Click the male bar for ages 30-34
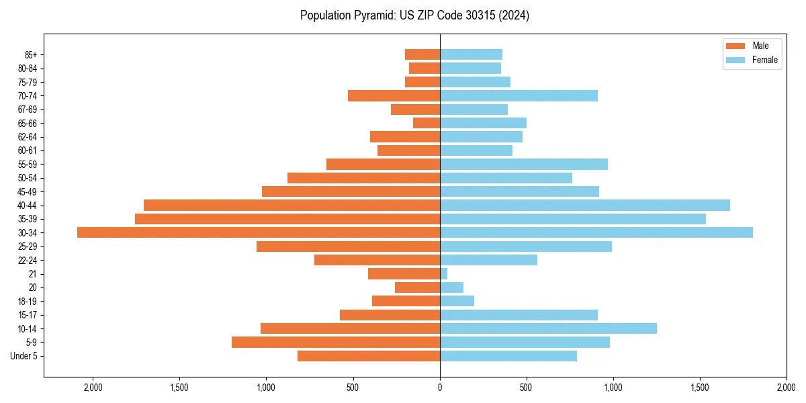coord(259,232)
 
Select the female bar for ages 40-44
coord(584,205)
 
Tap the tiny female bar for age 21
coord(444,273)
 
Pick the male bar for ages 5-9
coord(336,342)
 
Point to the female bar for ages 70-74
coord(519,95)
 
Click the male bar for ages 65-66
coord(427,123)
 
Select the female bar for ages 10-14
coord(548,328)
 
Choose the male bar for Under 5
coord(369,356)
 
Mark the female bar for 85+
coord(471,54)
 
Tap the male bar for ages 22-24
coord(377,260)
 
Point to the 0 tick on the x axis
coord(440,387)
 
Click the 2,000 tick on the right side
coord(787,387)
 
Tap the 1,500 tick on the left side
coord(179,387)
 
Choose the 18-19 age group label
coord(28,301)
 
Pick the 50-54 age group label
coord(28,178)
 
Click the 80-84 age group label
coord(28,69)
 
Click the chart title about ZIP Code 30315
coord(414,15)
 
